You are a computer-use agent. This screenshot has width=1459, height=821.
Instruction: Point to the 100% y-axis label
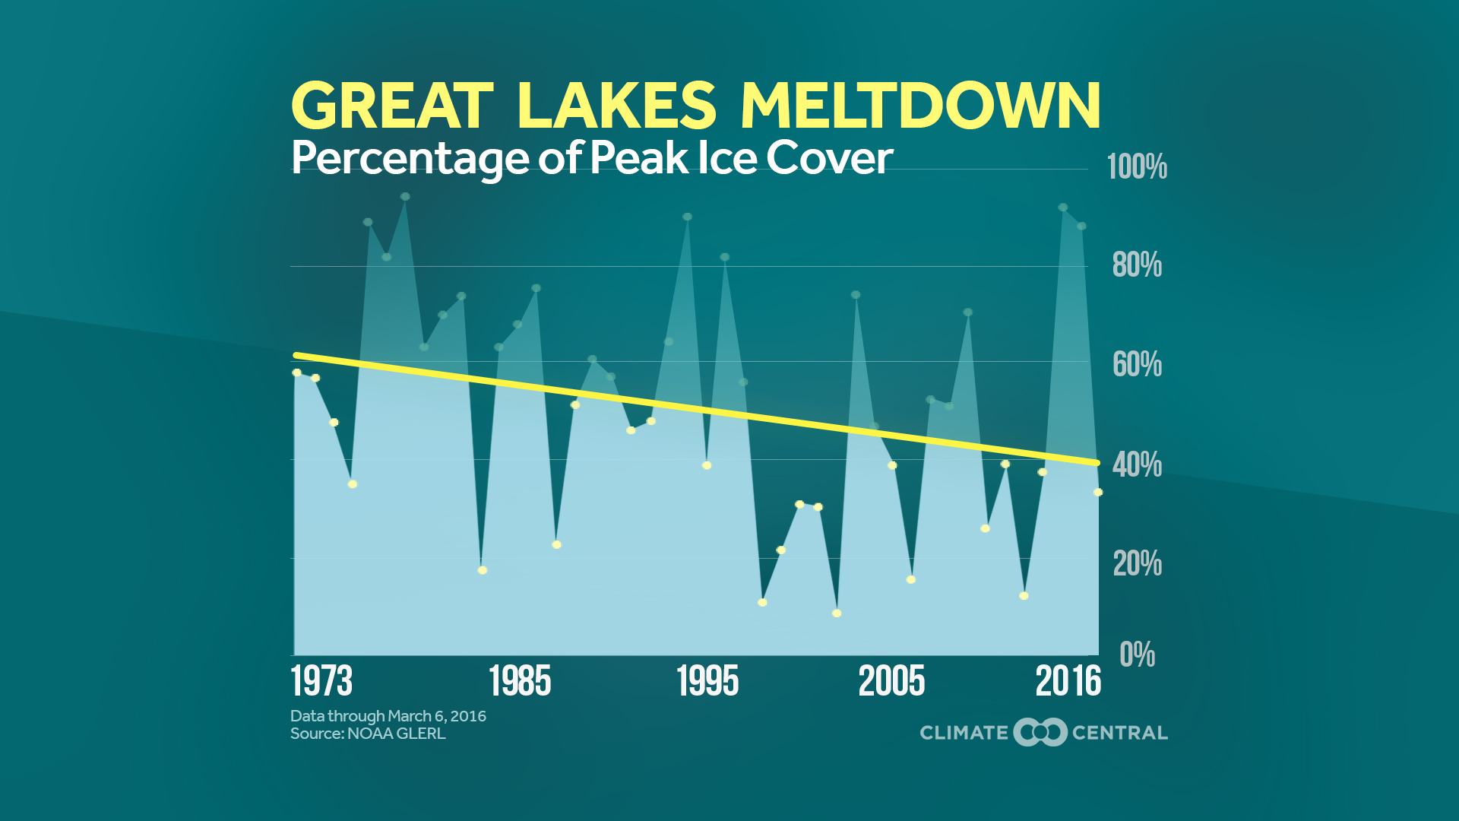[x=1137, y=166]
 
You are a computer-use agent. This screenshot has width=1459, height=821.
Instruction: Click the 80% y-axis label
[x=1137, y=265]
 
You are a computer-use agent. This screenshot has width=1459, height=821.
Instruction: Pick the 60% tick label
[x=1137, y=365]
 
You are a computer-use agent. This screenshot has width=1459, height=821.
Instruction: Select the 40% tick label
[x=1137, y=464]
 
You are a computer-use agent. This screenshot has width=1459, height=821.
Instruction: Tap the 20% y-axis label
[x=1137, y=564]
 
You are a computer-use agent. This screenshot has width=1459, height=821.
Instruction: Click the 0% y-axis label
[x=1137, y=655]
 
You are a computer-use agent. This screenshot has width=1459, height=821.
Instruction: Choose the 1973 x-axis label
[x=321, y=681]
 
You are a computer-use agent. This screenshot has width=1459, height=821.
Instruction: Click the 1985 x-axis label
[x=520, y=681]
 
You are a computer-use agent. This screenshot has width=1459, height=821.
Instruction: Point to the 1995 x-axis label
[x=707, y=681]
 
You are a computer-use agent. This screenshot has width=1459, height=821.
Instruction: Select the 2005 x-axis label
[x=891, y=681]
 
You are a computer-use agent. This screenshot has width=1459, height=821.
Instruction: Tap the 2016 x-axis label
[x=1068, y=681]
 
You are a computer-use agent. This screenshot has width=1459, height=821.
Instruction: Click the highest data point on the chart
[x=405, y=197]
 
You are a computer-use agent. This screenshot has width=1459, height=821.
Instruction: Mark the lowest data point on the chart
[x=837, y=613]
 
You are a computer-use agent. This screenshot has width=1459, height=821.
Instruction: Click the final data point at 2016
[x=1098, y=493]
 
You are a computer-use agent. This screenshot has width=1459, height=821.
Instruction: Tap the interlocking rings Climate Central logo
[x=1040, y=732]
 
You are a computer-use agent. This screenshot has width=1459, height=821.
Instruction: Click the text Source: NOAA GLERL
[x=368, y=734]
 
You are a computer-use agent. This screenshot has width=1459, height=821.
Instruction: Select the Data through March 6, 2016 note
[x=388, y=716]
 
